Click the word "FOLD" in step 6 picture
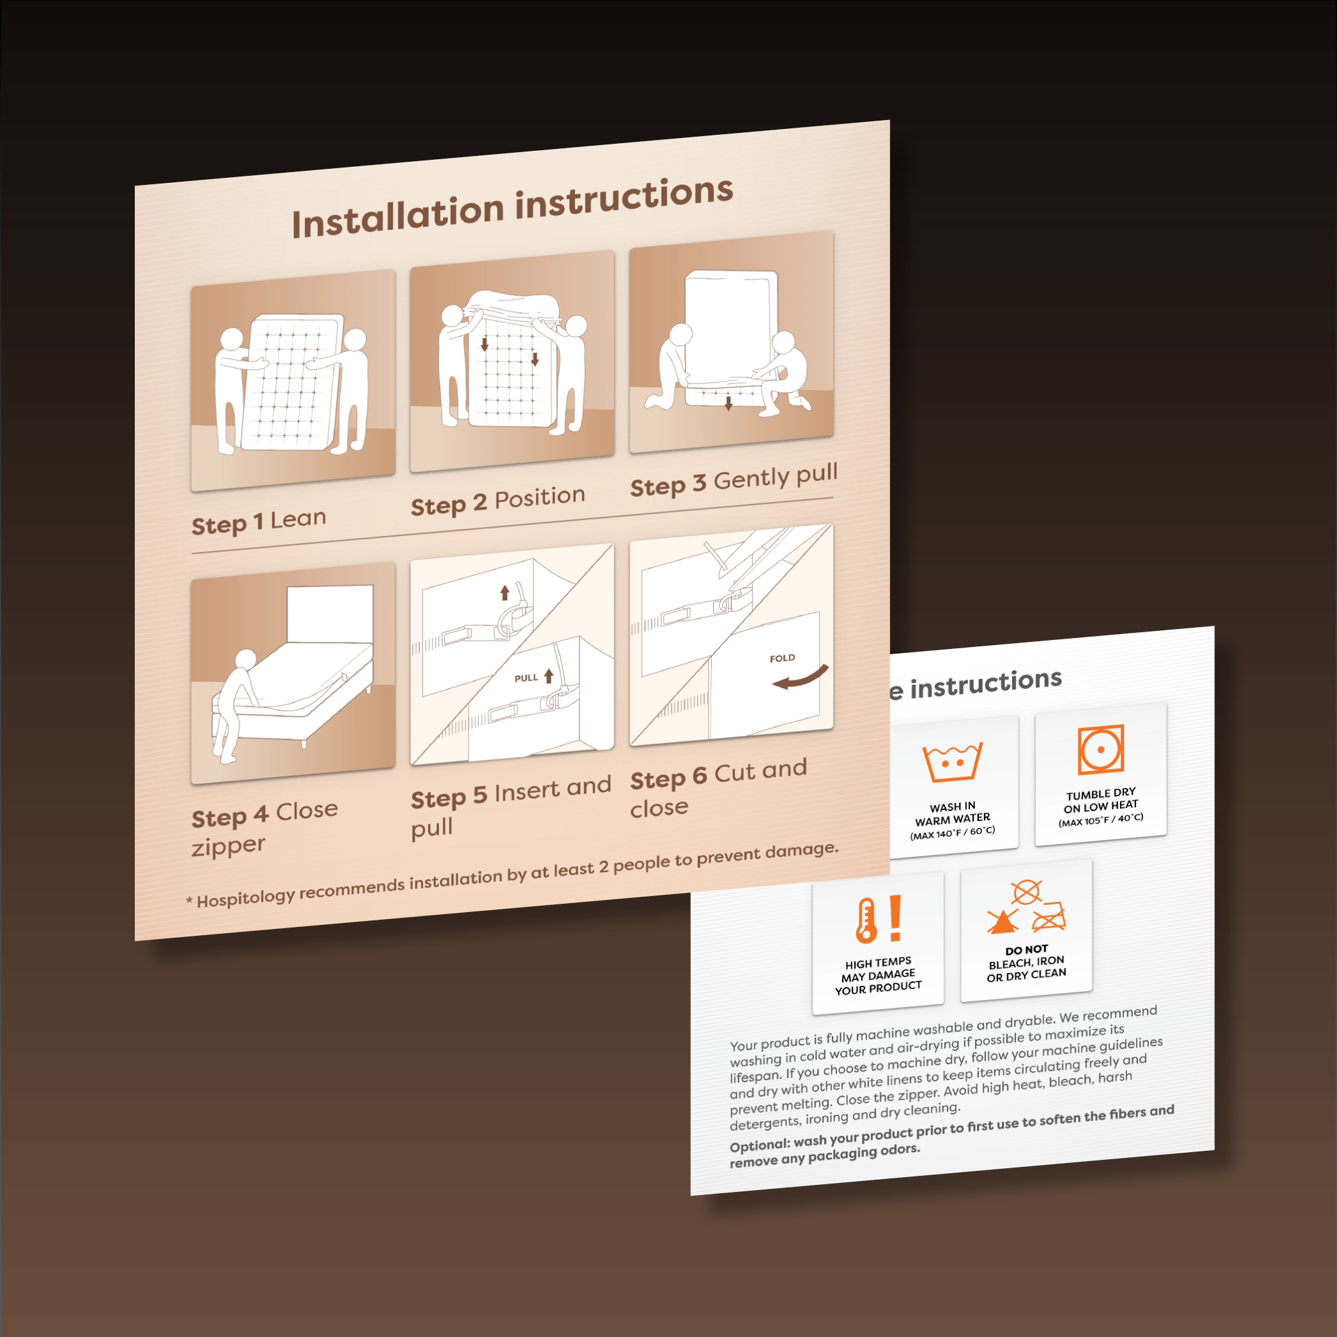(782, 658)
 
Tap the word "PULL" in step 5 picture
(526, 678)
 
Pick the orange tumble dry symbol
(1100, 750)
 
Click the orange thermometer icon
(866, 921)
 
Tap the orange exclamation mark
(895, 918)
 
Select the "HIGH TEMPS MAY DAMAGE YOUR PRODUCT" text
(878, 975)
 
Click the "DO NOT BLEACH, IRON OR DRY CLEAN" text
(1026, 963)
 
